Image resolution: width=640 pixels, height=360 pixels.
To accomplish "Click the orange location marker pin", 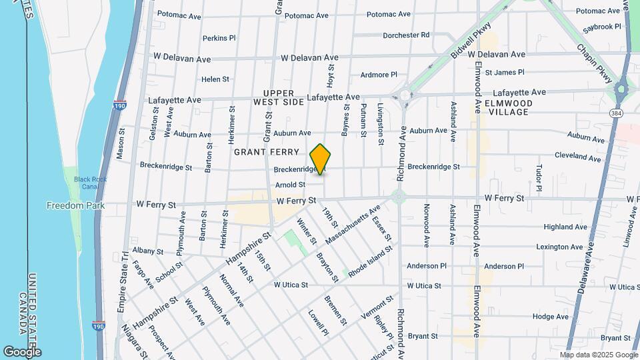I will pyautogui.click(x=321, y=159).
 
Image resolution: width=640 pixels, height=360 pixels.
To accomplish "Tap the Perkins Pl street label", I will pyautogui.click(x=219, y=38).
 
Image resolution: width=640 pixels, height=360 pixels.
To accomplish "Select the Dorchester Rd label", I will pyautogui.click(x=406, y=35).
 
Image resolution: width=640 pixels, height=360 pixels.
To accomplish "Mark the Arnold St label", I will pyautogui.click(x=290, y=185).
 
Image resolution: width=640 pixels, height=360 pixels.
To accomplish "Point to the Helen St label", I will pyautogui.click(x=215, y=79).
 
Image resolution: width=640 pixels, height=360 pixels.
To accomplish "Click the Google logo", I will pyautogui.click(x=22, y=351).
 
